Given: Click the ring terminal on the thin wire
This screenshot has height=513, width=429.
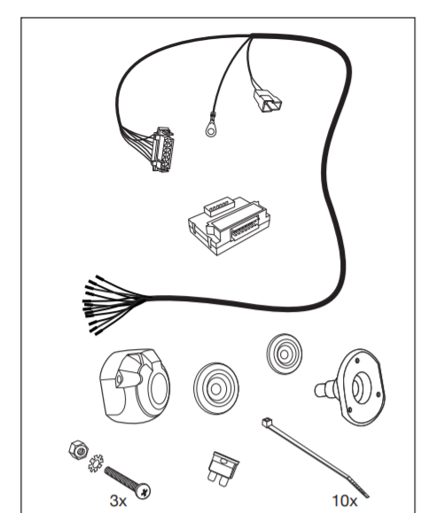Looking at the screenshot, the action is click(211, 130).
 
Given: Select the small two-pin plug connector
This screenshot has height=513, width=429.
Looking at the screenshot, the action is click(267, 101).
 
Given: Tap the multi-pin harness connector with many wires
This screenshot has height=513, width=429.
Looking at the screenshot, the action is click(162, 150).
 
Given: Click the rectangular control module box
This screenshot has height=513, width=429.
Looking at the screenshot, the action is click(229, 225).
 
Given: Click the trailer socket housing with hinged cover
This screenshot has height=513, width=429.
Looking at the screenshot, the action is click(135, 386).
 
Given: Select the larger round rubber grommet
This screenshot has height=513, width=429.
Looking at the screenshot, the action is click(216, 388).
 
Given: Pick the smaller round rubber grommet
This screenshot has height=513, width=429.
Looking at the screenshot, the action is click(284, 354).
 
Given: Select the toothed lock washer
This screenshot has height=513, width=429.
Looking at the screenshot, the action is click(96, 463).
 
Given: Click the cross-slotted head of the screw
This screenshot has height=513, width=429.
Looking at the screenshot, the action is click(143, 491).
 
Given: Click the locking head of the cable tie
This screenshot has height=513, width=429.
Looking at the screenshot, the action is click(267, 422).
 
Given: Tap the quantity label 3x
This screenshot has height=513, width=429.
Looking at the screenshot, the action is click(118, 501).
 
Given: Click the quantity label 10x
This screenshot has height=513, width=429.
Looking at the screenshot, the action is click(345, 501).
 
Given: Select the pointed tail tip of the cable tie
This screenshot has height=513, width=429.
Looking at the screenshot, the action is click(368, 496).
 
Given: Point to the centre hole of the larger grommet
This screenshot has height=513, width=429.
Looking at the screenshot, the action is click(215, 389).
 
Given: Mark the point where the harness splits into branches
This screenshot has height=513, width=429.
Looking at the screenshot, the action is click(252, 35).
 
